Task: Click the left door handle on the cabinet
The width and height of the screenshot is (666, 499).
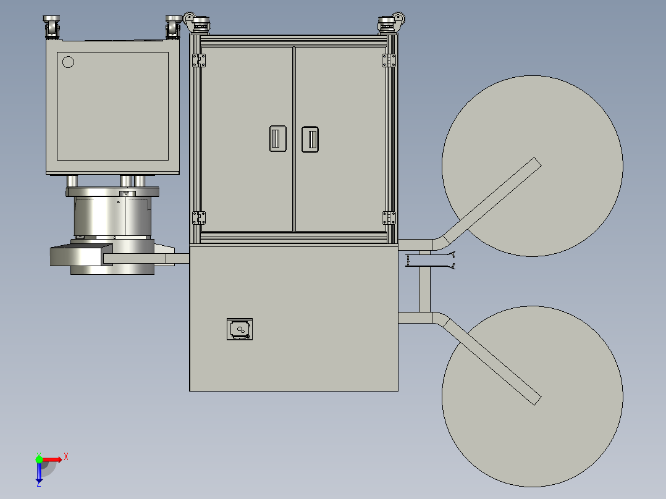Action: pyautogui.click(x=278, y=138)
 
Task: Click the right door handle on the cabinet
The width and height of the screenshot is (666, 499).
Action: pyautogui.click(x=310, y=140)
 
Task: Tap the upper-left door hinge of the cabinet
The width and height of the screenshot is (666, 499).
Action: pyautogui.click(x=199, y=61)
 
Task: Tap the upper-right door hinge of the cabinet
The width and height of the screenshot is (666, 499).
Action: pyautogui.click(x=389, y=61)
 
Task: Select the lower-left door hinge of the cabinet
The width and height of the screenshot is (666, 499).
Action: pyautogui.click(x=199, y=218)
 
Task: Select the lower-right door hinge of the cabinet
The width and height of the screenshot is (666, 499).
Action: pyautogui.click(x=389, y=218)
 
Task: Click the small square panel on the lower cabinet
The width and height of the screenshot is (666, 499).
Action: pyautogui.click(x=240, y=329)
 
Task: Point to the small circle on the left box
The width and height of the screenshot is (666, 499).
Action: pyautogui.click(x=68, y=62)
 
